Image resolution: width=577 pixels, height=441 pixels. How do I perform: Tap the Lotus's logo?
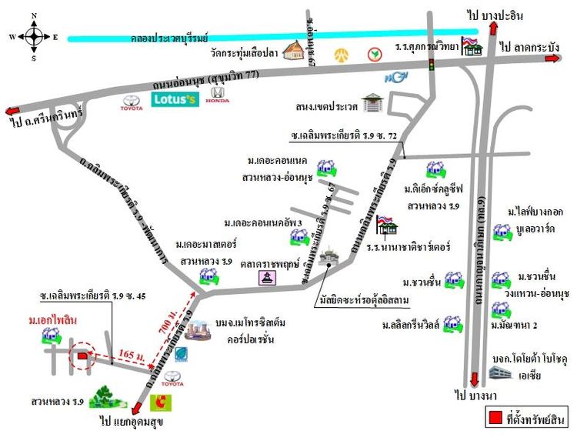[x=176, y=100]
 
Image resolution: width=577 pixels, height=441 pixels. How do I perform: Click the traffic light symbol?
[x=431, y=64]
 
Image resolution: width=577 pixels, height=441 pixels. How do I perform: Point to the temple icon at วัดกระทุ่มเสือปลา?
[x=294, y=52]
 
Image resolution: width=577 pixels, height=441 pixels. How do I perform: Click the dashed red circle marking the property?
[x=79, y=356]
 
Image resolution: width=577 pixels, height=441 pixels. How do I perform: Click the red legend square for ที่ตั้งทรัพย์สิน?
[x=496, y=419]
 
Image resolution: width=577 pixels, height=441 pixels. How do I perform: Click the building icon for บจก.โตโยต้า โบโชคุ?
[x=499, y=373]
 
